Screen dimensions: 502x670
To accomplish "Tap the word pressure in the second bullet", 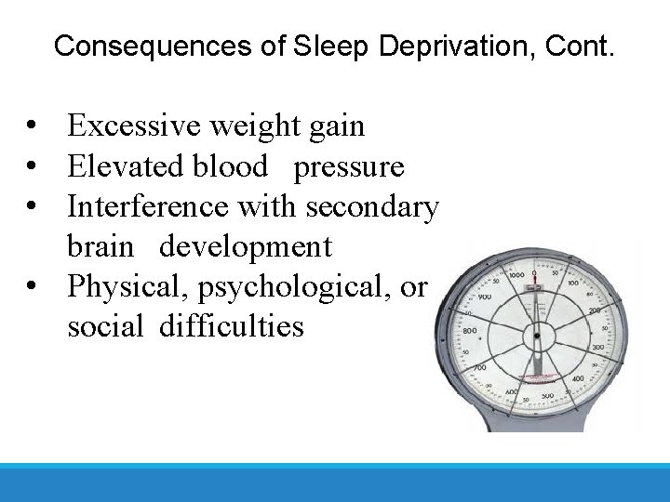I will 349,166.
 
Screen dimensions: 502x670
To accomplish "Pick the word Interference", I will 149,206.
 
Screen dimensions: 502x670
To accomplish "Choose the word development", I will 245,246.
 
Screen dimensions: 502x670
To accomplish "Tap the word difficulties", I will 231,326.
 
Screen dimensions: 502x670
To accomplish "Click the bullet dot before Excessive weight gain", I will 33,125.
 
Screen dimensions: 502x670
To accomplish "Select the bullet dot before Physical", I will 33,286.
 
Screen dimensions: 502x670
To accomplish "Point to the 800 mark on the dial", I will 469,331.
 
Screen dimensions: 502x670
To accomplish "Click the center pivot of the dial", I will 535,336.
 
